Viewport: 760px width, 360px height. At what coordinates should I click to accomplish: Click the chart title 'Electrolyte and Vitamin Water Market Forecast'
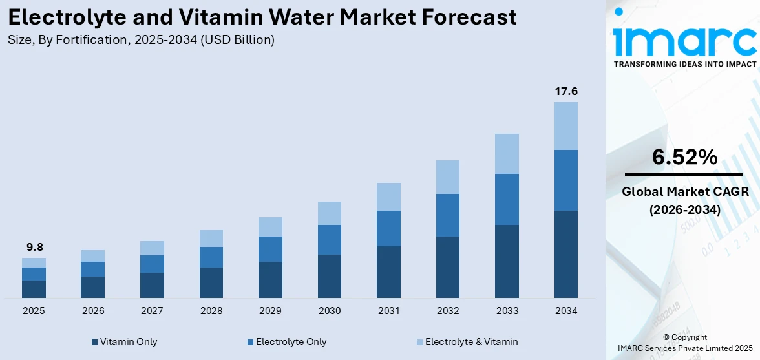pyautogui.click(x=262, y=17)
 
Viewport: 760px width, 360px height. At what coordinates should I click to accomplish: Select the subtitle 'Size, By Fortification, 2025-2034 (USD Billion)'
pyautogui.click(x=141, y=40)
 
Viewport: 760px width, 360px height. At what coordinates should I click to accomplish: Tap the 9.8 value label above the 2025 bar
pyautogui.click(x=34, y=248)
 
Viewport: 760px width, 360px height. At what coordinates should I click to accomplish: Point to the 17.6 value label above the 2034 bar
pyautogui.click(x=565, y=91)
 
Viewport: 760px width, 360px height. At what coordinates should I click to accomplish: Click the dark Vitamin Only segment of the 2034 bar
pyautogui.click(x=565, y=254)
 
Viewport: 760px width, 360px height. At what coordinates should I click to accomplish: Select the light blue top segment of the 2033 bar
pyautogui.click(x=507, y=154)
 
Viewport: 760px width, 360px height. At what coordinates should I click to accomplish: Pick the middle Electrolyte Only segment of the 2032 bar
pyautogui.click(x=447, y=215)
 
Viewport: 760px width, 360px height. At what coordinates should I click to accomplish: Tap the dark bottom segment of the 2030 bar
pyautogui.click(x=330, y=276)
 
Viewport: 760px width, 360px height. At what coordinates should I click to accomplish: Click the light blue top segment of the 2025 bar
pyautogui.click(x=34, y=262)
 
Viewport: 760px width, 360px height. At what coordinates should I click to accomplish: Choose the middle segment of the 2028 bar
pyautogui.click(x=211, y=257)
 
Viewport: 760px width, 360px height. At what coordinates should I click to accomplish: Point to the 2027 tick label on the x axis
pyautogui.click(x=152, y=311)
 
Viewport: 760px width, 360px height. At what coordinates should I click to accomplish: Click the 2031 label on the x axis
pyautogui.click(x=388, y=311)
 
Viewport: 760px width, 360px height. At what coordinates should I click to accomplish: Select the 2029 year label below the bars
pyautogui.click(x=270, y=311)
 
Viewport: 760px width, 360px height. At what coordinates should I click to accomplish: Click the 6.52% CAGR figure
pyautogui.click(x=684, y=157)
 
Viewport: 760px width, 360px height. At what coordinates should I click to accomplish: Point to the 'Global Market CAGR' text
pyautogui.click(x=684, y=192)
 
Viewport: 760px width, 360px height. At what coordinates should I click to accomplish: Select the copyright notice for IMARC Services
pyautogui.click(x=684, y=343)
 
